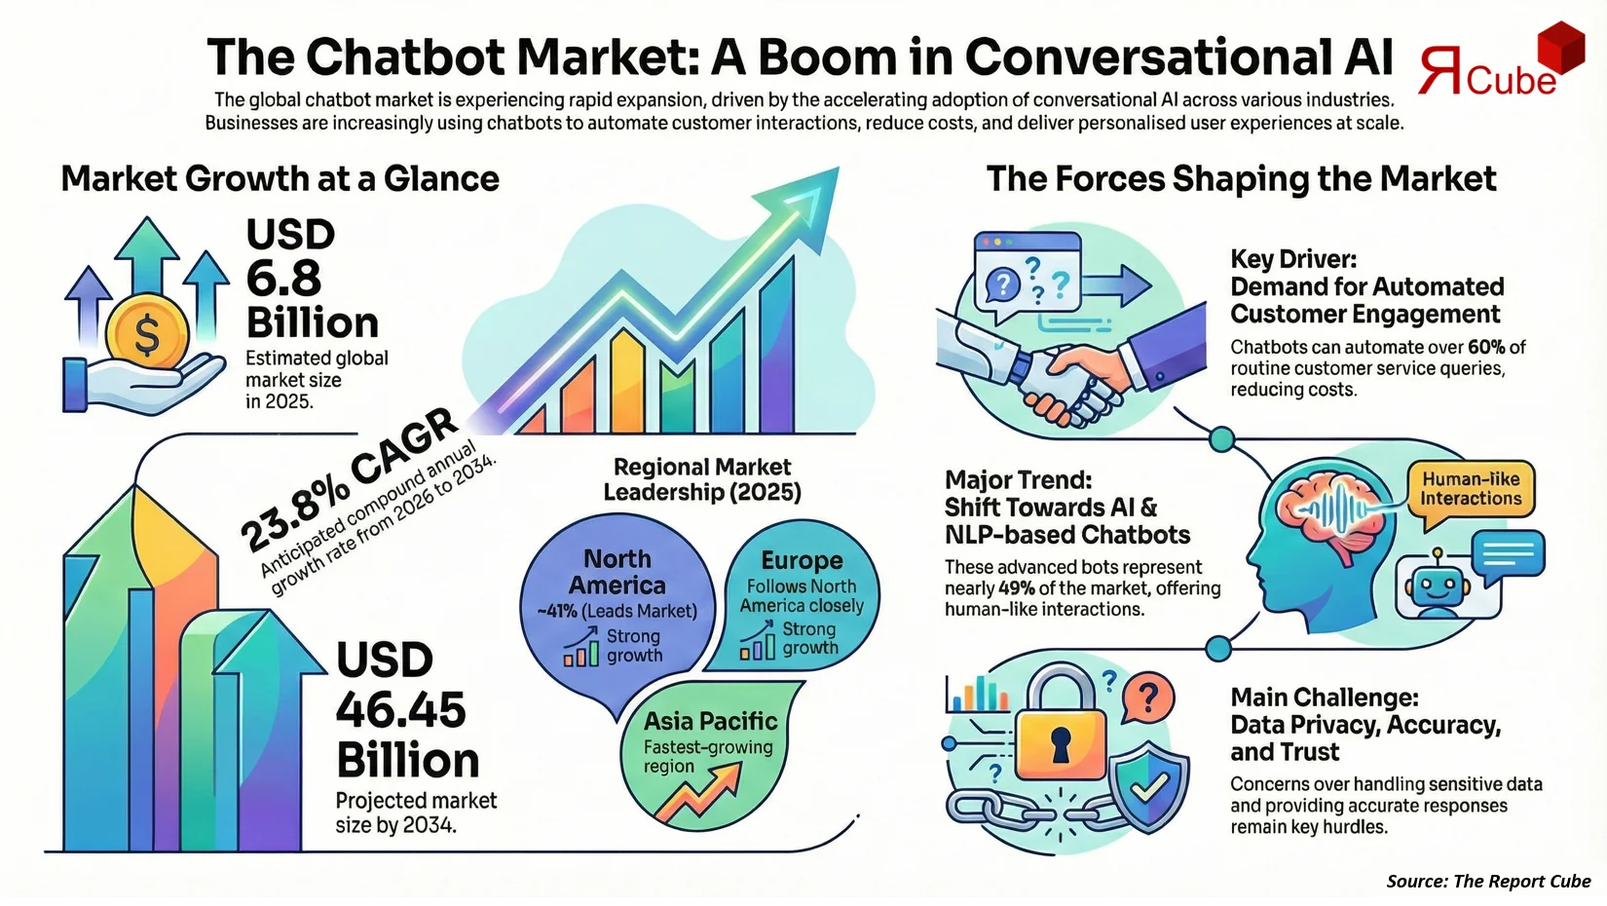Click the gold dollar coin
coord(146,335)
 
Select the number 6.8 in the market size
coord(283,280)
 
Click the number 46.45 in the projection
coord(400,710)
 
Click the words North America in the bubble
coord(617,572)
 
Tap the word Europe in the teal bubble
coord(802,560)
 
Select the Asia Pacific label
coord(710,721)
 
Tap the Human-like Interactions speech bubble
coord(1470,489)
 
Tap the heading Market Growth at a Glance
coord(280,179)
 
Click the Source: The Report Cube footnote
coord(1488,881)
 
